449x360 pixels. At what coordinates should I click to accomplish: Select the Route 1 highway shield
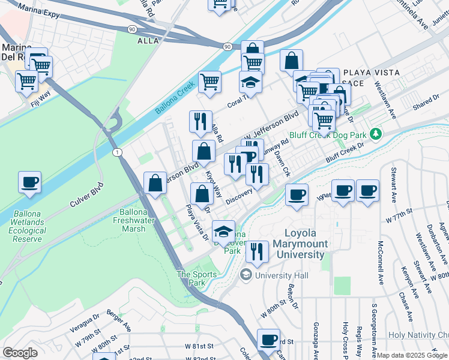point(117,153)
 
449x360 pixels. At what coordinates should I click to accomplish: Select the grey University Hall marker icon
point(246,275)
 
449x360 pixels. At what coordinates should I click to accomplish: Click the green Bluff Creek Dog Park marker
point(376,133)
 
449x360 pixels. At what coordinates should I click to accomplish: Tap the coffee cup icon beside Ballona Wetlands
point(29,182)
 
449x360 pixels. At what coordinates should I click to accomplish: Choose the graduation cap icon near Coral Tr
point(251,82)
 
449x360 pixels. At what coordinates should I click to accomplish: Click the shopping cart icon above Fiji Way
point(27,80)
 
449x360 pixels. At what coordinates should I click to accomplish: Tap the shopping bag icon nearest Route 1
point(155,183)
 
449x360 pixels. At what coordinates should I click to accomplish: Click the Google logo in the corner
point(20,353)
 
